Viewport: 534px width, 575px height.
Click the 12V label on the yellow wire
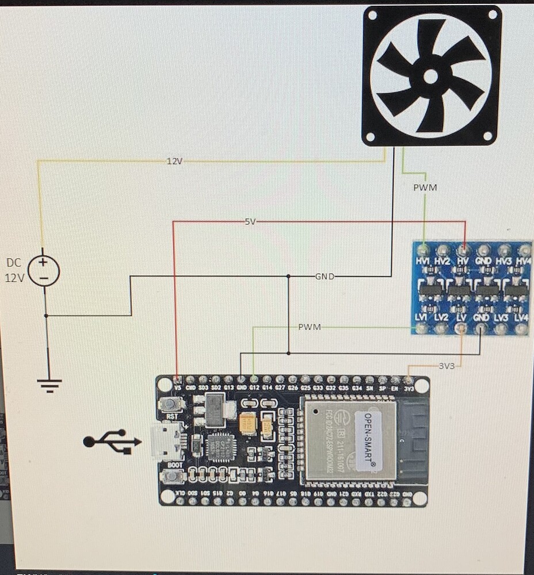pos(174,162)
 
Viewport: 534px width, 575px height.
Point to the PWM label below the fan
pos(425,187)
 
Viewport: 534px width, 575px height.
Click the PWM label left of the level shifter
pos(309,327)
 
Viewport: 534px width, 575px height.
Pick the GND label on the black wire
pos(325,277)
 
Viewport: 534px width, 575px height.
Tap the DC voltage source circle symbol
pos(44,270)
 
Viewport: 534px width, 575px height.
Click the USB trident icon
pos(112,442)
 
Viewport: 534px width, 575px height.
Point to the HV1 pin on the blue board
pos(424,251)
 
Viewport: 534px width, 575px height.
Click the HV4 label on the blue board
pos(522,261)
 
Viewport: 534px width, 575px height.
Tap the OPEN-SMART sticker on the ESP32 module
pos(364,439)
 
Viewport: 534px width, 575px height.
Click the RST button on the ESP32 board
pos(170,404)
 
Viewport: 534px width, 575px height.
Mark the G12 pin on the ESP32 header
pos(254,379)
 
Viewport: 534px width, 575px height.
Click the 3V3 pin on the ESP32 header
pos(408,379)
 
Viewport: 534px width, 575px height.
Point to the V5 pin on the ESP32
pos(177,379)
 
